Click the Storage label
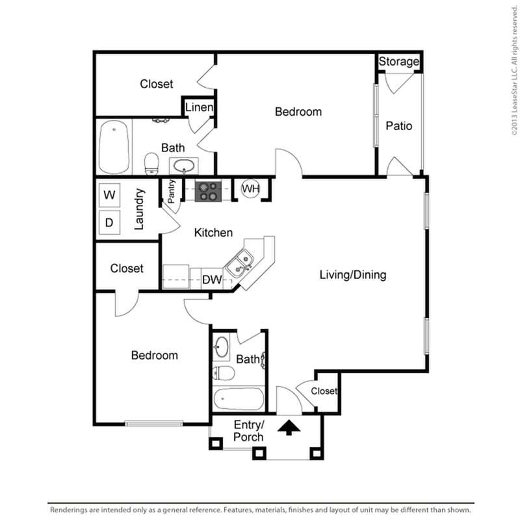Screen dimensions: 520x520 [399, 62]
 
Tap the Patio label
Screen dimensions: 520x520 [399, 125]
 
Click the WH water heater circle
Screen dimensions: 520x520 [251, 189]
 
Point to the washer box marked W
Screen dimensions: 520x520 [110, 194]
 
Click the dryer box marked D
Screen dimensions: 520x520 [110, 223]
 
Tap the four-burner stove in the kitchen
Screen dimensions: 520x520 [208, 190]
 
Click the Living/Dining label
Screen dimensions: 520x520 [352, 275]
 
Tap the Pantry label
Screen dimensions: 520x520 [172, 192]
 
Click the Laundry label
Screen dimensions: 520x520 [139, 209]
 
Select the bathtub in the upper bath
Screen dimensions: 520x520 [114, 148]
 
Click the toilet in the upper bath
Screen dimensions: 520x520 [151, 163]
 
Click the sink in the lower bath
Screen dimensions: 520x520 [221, 347]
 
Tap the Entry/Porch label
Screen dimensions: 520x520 [248, 430]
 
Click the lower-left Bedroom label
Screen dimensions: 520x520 [154, 356]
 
